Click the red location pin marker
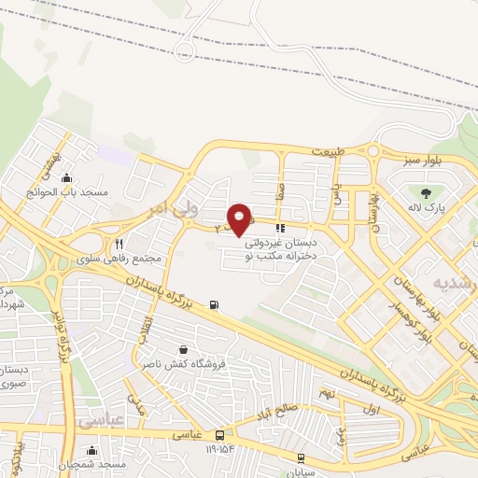240,219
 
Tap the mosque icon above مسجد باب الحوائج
65,178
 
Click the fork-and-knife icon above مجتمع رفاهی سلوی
119,244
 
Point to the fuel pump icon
216,303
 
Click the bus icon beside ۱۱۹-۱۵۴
220,435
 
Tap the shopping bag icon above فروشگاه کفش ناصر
168,349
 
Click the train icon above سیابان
301,457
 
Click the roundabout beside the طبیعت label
376,150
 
